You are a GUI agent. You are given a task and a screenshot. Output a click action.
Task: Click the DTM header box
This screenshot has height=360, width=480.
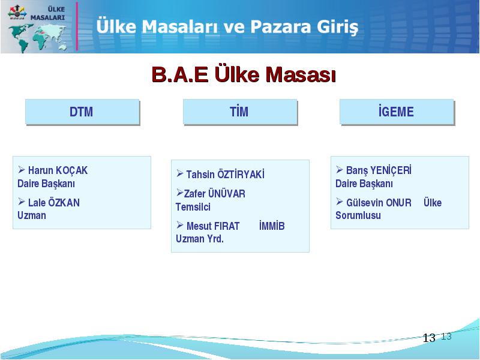coord(82,112)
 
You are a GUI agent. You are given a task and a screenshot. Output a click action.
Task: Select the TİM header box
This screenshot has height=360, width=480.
coord(241,112)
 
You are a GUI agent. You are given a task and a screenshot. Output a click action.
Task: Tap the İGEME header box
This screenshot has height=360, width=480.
coord(397,112)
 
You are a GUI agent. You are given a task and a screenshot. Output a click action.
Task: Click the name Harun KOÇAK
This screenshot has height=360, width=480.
coord(58,170)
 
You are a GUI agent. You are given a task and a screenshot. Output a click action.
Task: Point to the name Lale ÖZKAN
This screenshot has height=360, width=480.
coord(54,203)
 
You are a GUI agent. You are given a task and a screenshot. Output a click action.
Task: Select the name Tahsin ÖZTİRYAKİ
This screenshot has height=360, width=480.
coord(226,174)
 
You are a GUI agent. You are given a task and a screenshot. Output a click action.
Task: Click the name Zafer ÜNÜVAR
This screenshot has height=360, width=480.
coord(215,194)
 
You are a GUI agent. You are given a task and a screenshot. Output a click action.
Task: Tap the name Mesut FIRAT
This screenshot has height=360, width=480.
coord(213,226)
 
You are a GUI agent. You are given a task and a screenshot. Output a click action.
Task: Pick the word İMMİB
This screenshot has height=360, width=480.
coord(272,226)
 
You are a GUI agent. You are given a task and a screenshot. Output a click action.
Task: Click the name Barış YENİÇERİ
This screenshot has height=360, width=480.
coord(379,170)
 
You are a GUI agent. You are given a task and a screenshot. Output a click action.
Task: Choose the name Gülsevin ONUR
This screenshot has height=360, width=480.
coord(379,203)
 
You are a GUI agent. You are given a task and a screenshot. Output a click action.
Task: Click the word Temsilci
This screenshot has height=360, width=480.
coord(193,207)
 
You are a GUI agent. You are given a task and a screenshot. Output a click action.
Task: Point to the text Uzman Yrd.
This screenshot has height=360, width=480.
coord(200,239)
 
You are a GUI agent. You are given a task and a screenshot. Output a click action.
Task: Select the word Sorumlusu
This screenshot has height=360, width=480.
coord(358,215)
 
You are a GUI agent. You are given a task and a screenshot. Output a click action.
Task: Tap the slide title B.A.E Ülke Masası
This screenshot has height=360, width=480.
coord(244,74)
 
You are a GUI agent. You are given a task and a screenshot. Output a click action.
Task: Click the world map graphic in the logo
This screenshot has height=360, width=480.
coord(37,38)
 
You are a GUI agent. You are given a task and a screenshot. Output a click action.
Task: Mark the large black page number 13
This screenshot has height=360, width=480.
coord(429,338)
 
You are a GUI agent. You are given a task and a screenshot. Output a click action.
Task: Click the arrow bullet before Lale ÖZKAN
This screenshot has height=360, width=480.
coord(22,202)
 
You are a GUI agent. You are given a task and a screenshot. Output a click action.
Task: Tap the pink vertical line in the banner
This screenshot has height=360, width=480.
coord(77,26)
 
